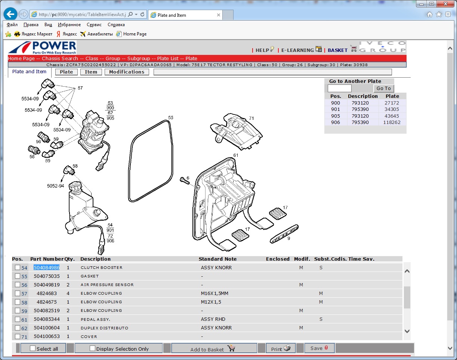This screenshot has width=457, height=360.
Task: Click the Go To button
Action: [383, 88]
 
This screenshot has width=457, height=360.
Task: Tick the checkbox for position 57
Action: [18, 294]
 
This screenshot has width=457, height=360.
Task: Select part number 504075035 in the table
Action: [47, 276]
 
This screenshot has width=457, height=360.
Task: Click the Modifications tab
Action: [127, 72]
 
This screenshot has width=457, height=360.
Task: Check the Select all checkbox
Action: [33, 348]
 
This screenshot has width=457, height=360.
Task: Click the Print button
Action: [281, 348]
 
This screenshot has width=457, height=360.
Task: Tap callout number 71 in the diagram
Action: [251, 118]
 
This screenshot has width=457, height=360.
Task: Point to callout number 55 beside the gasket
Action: [170, 118]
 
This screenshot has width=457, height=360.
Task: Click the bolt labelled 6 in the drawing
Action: [185, 181]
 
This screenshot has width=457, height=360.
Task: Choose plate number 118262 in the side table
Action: [392, 122]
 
